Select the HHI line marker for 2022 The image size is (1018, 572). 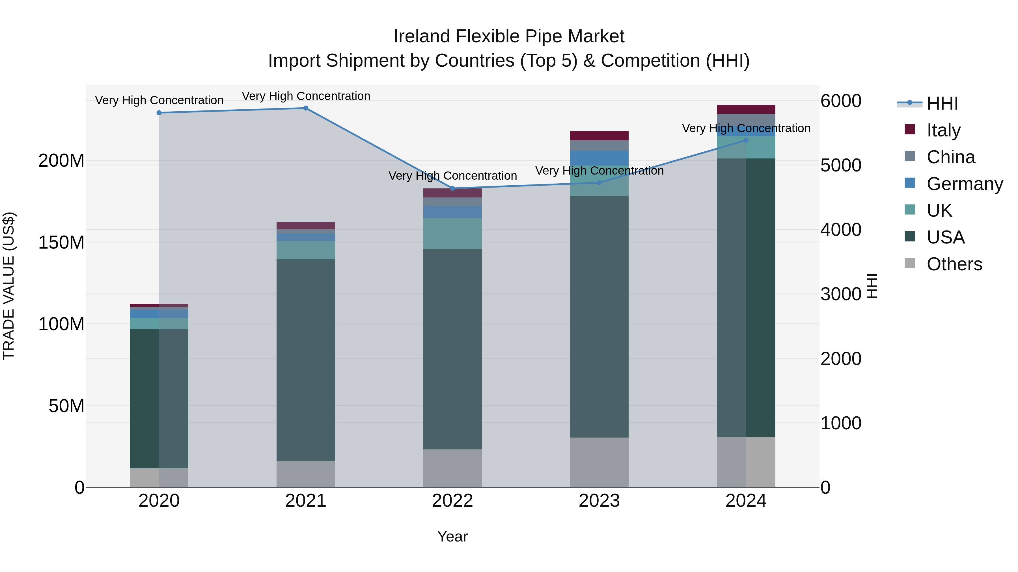452,188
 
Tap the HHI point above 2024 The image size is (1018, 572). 746,140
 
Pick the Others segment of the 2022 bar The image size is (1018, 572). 452,468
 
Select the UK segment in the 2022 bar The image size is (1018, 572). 452,233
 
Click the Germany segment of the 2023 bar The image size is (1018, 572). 599,158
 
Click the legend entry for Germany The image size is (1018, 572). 964,184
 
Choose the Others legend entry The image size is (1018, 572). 954,264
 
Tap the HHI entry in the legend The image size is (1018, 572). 942,103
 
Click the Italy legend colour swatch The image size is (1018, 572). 909,129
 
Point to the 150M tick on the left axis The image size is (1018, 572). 61,242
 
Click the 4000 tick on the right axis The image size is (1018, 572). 841,230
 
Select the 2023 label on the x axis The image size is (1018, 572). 599,501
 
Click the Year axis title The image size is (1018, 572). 452,536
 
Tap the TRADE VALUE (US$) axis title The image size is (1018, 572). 9,286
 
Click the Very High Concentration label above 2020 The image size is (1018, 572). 159,100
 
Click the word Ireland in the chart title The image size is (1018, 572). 422,36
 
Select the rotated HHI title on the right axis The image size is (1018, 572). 872,286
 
